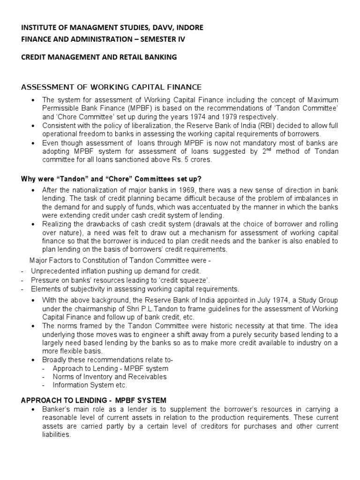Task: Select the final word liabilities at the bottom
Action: [56, 435]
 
